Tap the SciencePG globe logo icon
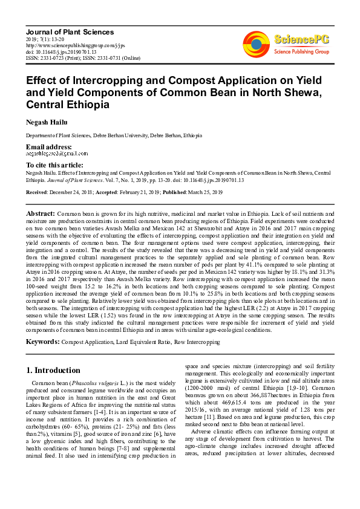tap(255, 43)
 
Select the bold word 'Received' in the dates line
tap(38, 192)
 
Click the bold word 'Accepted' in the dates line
tap(122, 192)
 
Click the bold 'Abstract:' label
tap(41, 214)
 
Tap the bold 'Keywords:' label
tap(42, 342)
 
